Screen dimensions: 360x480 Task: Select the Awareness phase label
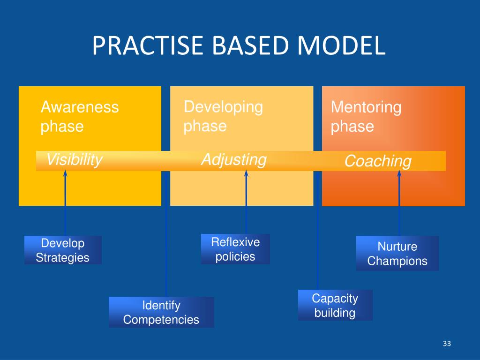[x=80, y=117]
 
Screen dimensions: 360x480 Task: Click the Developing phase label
[x=223, y=116]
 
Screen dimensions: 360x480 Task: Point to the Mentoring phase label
[x=366, y=117]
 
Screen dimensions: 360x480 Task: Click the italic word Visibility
[x=74, y=160]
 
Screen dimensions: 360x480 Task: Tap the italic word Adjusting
[x=233, y=160]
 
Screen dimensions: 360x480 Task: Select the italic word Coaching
[x=378, y=161]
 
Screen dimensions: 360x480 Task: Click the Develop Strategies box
[x=63, y=250]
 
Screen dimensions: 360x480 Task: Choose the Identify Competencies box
[x=161, y=313]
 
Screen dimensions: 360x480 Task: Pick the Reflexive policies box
[x=235, y=249]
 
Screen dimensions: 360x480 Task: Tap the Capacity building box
[x=335, y=305]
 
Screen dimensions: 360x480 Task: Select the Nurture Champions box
[x=397, y=254]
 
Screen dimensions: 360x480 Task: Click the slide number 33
[x=446, y=345]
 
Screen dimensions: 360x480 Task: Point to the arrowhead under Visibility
[x=65, y=173]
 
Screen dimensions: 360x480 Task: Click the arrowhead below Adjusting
[x=246, y=173]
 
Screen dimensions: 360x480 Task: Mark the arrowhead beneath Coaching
[x=399, y=173]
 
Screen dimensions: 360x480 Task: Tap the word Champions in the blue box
[x=397, y=261]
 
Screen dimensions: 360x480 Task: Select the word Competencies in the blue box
[x=161, y=320]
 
